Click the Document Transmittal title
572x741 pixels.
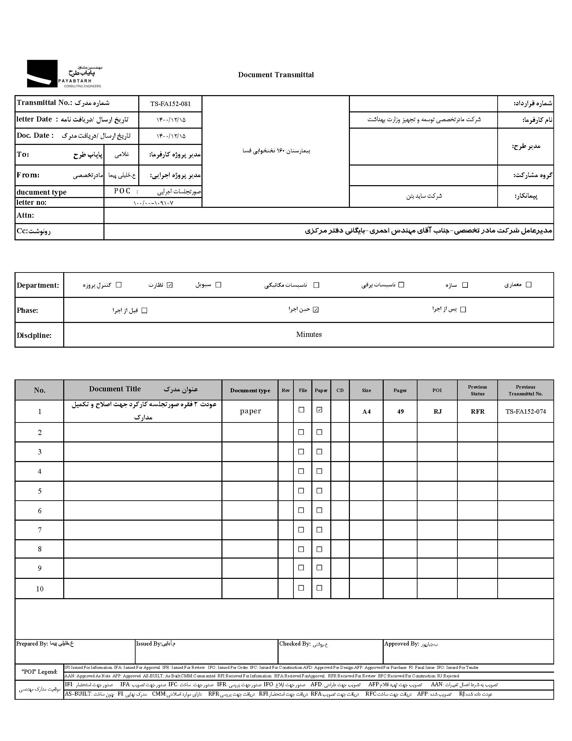pyautogui.click(x=276, y=75)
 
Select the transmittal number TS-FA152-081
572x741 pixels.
pyautogui.click(x=170, y=104)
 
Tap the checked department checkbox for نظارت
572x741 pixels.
pyautogui.click(x=170, y=285)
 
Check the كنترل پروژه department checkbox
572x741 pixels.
pyautogui.click(x=119, y=285)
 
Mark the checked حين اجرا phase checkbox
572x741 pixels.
pyautogui.click(x=316, y=309)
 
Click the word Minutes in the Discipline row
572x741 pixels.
pyautogui.click(x=309, y=334)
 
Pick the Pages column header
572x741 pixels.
pyautogui.click(x=400, y=390)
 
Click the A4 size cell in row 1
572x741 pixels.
pyautogui.click(x=366, y=412)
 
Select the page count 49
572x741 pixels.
pyautogui.click(x=400, y=412)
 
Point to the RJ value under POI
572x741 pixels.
pyautogui.click(x=437, y=412)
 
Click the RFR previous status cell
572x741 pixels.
pyautogui.click(x=477, y=412)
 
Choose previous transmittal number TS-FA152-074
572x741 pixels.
pyautogui.click(x=526, y=412)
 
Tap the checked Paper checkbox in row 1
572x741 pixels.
pyautogui.click(x=319, y=410)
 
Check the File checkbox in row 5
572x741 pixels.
pyautogui.click(x=301, y=491)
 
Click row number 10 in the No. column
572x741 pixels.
pyautogui.click(x=40, y=589)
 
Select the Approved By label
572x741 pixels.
pyautogui.click(x=402, y=644)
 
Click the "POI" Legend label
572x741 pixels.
pyautogui.click(x=39, y=672)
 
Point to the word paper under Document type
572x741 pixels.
pyautogui.click(x=251, y=411)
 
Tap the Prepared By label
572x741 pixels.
pyautogui.click(x=32, y=644)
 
